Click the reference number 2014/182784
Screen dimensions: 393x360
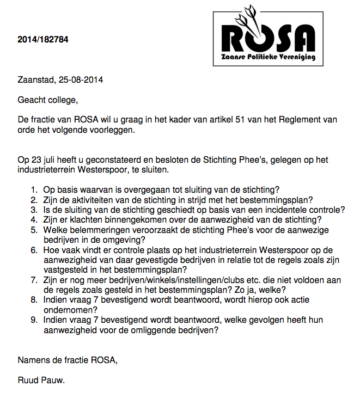point(43,39)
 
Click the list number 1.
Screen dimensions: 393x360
point(34,189)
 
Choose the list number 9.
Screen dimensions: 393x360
point(34,320)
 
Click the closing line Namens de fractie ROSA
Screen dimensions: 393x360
point(68,360)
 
